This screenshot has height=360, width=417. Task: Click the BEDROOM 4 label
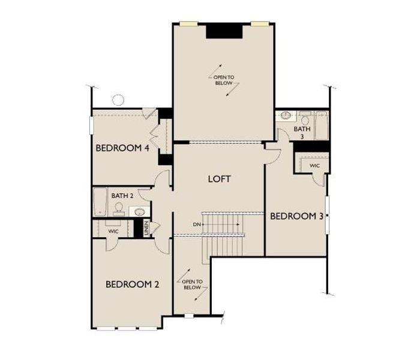click(122, 148)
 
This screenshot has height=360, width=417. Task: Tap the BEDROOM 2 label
click(132, 284)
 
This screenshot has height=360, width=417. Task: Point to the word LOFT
click(219, 179)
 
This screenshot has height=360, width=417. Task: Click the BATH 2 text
click(122, 195)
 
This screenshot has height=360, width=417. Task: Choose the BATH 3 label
click(302, 132)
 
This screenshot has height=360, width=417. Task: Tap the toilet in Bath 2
click(119, 208)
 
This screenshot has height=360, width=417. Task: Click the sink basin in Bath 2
click(139, 211)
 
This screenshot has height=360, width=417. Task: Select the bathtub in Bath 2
click(100, 203)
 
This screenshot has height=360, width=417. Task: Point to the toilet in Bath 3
click(305, 120)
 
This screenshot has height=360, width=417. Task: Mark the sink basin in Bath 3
click(286, 115)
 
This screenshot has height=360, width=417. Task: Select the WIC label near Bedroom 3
click(314, 166)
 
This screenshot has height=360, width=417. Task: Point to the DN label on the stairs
click(196, 224)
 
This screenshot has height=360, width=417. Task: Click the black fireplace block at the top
click(224, 31)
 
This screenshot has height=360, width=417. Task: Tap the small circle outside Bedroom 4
click(118, 100)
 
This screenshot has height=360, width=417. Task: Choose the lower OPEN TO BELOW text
click(191, 284)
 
